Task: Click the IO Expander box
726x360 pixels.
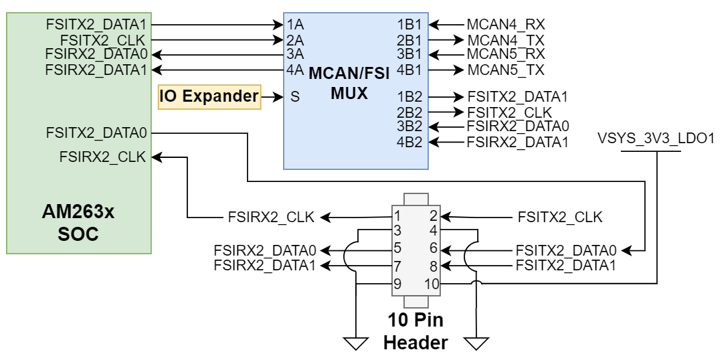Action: coord(209,97)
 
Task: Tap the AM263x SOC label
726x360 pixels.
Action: coord(79,224)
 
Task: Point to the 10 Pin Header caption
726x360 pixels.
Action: coord(415,332)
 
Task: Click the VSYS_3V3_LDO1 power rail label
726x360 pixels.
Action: coord(656,139)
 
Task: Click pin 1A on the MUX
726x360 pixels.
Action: coord(295,25)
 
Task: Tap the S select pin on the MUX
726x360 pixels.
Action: coord(294,97)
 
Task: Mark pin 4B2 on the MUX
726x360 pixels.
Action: coord(409,141)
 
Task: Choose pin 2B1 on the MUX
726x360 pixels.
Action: coord(409,39)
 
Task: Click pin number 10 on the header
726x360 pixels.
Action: coord(431,284)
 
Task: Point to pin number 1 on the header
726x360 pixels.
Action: coord(397,216)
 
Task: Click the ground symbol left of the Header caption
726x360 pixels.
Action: coord(356,343)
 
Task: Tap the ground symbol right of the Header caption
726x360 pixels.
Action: coord(476,343)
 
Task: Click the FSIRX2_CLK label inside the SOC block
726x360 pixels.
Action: coord(102,157)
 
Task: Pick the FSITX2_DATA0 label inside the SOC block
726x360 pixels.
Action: coord(96,132)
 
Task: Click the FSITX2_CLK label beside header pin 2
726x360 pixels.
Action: coord(559,217)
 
